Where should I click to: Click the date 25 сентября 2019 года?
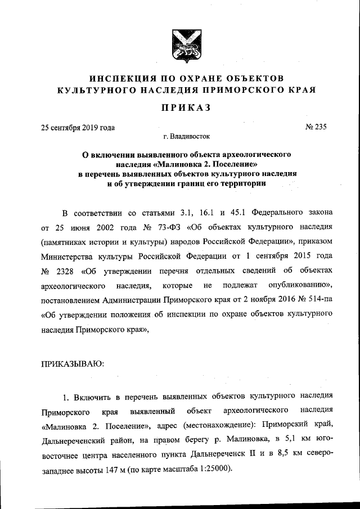click(78, 127)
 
